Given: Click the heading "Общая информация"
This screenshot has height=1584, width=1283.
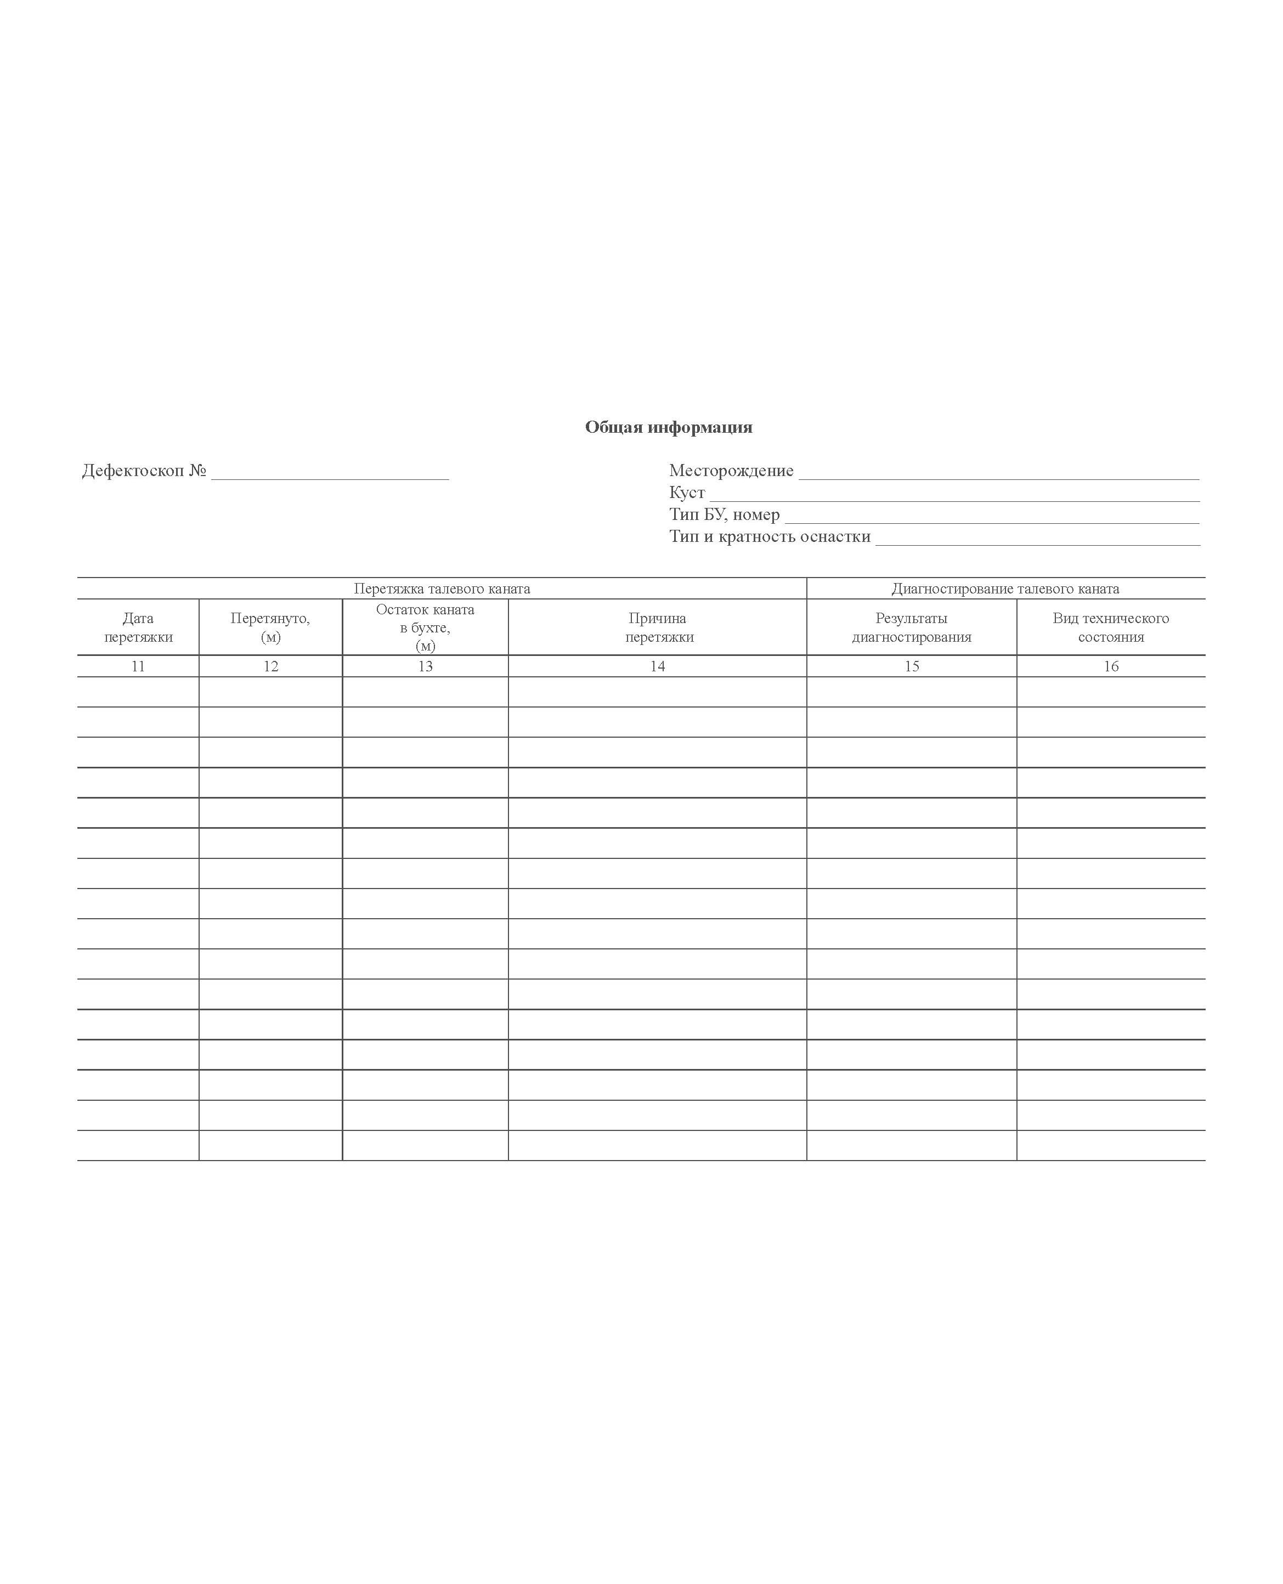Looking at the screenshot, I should pos(668,427).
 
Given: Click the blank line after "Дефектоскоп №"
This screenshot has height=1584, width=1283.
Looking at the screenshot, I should pos(330,473).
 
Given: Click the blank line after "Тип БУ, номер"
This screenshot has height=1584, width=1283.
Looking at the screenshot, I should pos(991,517).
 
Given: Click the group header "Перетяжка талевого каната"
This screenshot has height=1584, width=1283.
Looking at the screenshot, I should pos(442,589).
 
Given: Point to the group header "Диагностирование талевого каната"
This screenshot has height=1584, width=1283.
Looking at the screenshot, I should pos(1005,589).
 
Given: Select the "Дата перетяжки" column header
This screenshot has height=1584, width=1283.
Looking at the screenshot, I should pos(138,627).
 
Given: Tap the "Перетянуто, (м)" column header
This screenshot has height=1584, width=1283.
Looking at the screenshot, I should pos(270,627).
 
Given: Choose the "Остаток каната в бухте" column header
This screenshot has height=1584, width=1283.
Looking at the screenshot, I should pos(425,627).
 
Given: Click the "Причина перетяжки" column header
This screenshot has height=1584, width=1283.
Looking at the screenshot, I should pos(658,627).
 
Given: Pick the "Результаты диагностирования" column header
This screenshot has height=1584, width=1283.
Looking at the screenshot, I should pos(911,627).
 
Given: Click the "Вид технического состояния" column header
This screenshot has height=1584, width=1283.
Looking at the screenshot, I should pos(1111,627).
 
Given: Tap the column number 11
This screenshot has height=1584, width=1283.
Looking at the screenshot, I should pos(138,666).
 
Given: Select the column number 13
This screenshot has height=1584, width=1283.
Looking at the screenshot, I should pos(425,666).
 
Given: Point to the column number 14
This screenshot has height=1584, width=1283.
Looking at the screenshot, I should pos(658,666).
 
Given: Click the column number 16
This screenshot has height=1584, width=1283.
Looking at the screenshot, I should pos(1111,666).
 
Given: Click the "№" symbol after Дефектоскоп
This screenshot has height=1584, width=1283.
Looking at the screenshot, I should pos(197,471).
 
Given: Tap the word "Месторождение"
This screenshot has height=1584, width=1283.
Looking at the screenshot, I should pos(731,471).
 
